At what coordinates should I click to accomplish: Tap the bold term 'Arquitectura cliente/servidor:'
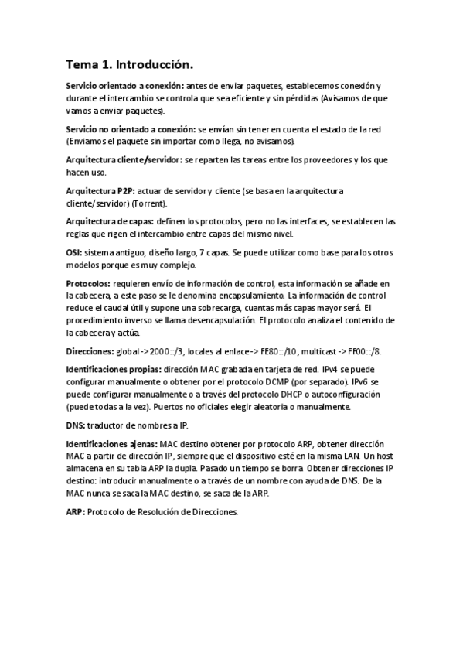point(124,159)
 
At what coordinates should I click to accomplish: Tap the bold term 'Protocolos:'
point(88,284)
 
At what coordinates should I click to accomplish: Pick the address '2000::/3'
point(169,351)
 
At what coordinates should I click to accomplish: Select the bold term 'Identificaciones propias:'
point(113,371)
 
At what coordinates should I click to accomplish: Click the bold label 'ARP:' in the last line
point(75,512)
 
